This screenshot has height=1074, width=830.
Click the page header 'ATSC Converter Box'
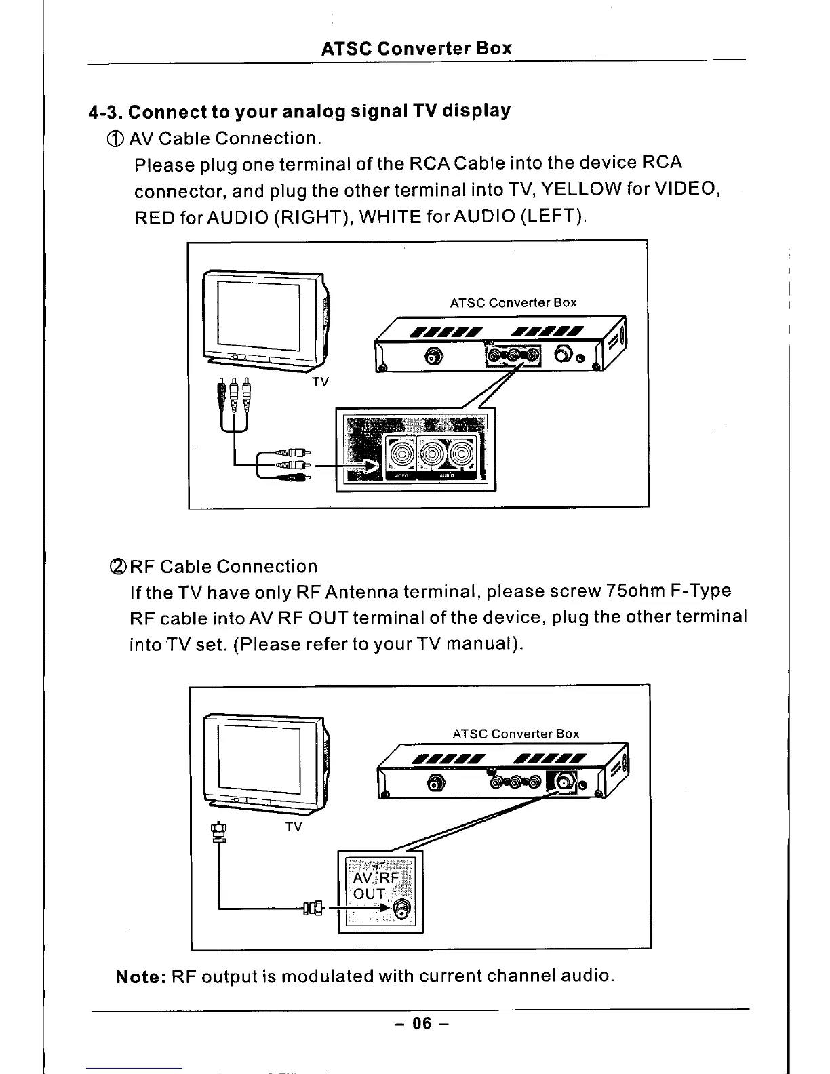pos(416,49)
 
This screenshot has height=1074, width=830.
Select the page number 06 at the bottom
pos(422,1023)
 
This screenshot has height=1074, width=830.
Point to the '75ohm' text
pos(637,591)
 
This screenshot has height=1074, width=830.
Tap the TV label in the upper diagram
pos(320,382)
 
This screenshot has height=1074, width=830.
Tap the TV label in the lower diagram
pos(294,827)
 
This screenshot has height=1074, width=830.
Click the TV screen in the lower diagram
pos(259,758)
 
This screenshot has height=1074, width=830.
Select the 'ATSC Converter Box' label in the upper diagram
pos(513,302)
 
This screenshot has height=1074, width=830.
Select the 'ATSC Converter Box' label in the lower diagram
pos(515,734)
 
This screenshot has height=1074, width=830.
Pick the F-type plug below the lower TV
pos(218,832)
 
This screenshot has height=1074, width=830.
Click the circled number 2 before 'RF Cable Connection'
pos(113,567)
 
